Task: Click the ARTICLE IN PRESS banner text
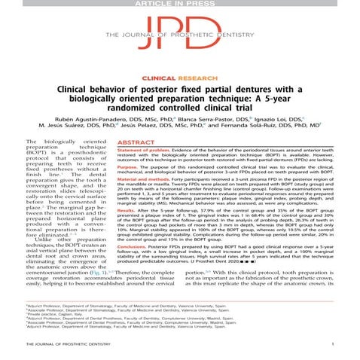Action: tap(179, 4)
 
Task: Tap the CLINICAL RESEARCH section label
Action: tap(179, 78)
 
